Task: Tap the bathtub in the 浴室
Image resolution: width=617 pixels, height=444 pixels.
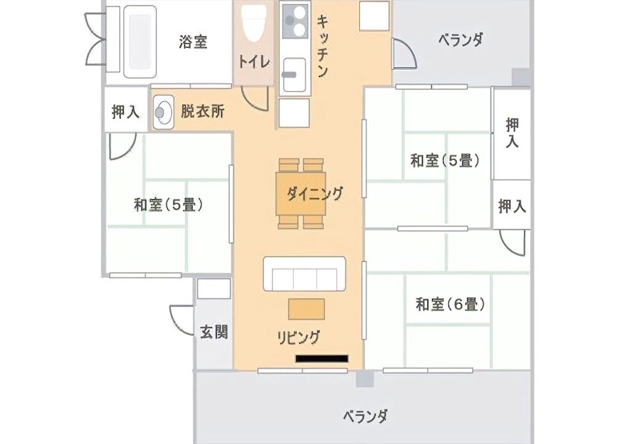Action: (x=140, y=41)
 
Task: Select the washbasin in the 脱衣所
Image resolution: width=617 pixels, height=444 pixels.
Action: (x=163, y=112)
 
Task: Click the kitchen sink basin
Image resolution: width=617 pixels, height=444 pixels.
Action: (x=294, y=74)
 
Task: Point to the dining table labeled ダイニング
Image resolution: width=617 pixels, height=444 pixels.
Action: (x=301, y=194)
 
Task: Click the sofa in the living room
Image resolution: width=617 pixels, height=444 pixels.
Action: (x=305, y=274)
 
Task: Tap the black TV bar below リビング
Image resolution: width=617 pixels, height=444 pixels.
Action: (x=322, y=359)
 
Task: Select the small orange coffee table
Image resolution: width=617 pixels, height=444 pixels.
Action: (x=307, y=309)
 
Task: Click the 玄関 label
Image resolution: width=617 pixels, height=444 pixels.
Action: (x=214, y=332)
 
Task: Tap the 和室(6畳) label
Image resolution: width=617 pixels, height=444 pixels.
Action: (x=450, y=304)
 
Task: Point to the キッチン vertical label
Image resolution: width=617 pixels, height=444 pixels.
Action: (x=322, y=46)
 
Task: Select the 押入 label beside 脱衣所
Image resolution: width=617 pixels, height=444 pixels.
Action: (x=125, y=112)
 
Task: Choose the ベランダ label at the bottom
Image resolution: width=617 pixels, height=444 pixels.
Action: (x=365, y=416)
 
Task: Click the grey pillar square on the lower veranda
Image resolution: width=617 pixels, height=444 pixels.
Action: (x=365, y=379)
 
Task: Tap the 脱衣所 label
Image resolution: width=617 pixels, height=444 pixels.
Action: (x=202, y=112)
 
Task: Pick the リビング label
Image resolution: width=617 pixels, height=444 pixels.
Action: (x=298, y=337)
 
